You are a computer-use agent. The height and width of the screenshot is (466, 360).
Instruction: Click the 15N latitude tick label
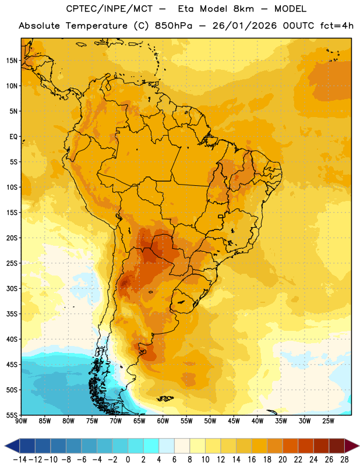pyautogui.click(x=12, y=61)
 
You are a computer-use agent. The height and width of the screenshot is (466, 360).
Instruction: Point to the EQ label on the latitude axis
pyautogui.click(x=13, y=137)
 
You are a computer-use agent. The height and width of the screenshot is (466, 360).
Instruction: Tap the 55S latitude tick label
pyautogui.click(x=12, y=415)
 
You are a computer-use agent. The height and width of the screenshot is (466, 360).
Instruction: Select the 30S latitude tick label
pyautogui.click(x=12, y=288)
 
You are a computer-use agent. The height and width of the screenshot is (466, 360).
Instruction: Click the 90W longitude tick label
pyautogui.click(x=21, y=421)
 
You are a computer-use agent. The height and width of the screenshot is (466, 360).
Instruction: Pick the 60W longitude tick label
pyautogui.click(x=163, y=421)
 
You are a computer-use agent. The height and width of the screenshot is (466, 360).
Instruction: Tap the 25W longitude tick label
pyautogui.click(x=328, y=421)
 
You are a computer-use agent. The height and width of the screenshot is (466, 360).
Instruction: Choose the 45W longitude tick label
pyautogui.click(x=234, y=421)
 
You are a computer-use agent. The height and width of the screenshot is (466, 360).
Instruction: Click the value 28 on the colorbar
pyautogui.click(x=344, y=460)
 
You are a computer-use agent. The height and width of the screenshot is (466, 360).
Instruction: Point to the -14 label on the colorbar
pyautogui.click(x=20, y=460)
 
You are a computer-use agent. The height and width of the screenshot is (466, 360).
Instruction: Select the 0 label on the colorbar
pyautogui.click(x=128, y=460)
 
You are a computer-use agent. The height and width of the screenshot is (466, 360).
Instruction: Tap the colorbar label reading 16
pyautogui.click(x=252, y=460)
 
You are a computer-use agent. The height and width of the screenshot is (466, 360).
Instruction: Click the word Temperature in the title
pyautogui.click(x=96, y=26)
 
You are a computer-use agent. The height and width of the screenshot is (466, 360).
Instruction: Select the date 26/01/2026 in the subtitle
pyautogui.click(x=244, y=26)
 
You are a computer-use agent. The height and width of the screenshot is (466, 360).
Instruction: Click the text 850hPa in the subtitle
pyautogui.click(x=174, y=26)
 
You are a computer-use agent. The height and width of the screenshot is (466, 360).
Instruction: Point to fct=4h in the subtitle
pyautogui.click(x=337, y=26)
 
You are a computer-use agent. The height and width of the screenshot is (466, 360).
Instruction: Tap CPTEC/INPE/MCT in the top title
pyautogui.click(x=109, y=9)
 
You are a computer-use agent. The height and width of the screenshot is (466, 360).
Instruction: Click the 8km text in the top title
pyautogui.click(x=243, y=9)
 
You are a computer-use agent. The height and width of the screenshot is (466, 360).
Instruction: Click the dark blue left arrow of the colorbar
pyautogui.click(x=12, y=446)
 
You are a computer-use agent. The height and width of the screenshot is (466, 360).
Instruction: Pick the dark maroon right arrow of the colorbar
pyautogui.click(x=352, y=446)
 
